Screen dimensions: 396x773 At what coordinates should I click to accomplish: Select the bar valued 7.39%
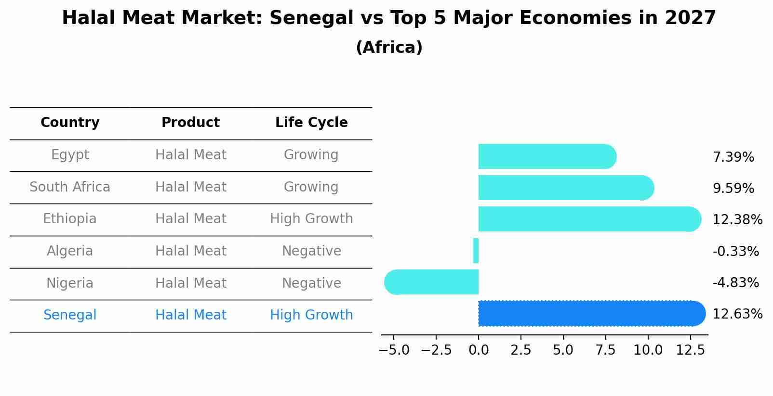point(547,156)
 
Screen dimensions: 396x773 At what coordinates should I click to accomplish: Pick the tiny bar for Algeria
point(476,251)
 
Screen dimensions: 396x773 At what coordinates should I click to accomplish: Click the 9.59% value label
point(733,189)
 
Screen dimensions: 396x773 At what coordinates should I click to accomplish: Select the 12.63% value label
point(737,314)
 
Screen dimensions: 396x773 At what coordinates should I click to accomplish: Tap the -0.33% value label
point(735,251)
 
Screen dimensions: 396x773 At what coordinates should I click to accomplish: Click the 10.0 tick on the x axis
point(648,350)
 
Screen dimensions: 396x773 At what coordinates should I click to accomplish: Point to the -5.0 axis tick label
point(394,350)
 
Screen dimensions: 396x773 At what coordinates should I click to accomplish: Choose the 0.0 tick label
point(479,350)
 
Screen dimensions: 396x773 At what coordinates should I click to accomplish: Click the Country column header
point(70,123)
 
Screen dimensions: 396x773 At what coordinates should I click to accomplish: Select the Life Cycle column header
point(311,123)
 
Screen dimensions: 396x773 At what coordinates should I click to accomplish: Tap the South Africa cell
point(70,187)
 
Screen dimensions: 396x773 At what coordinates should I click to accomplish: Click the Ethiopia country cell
point(70,219)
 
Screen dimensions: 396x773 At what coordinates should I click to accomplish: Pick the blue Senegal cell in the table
point(70,315)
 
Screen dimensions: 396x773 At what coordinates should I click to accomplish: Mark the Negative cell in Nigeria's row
point(311,283)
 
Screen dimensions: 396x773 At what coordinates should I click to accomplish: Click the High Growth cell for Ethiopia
point(311,219)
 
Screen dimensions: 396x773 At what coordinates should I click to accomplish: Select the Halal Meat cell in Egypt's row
point(191,155)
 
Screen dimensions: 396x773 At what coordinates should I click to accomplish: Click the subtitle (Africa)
point(389,48)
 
